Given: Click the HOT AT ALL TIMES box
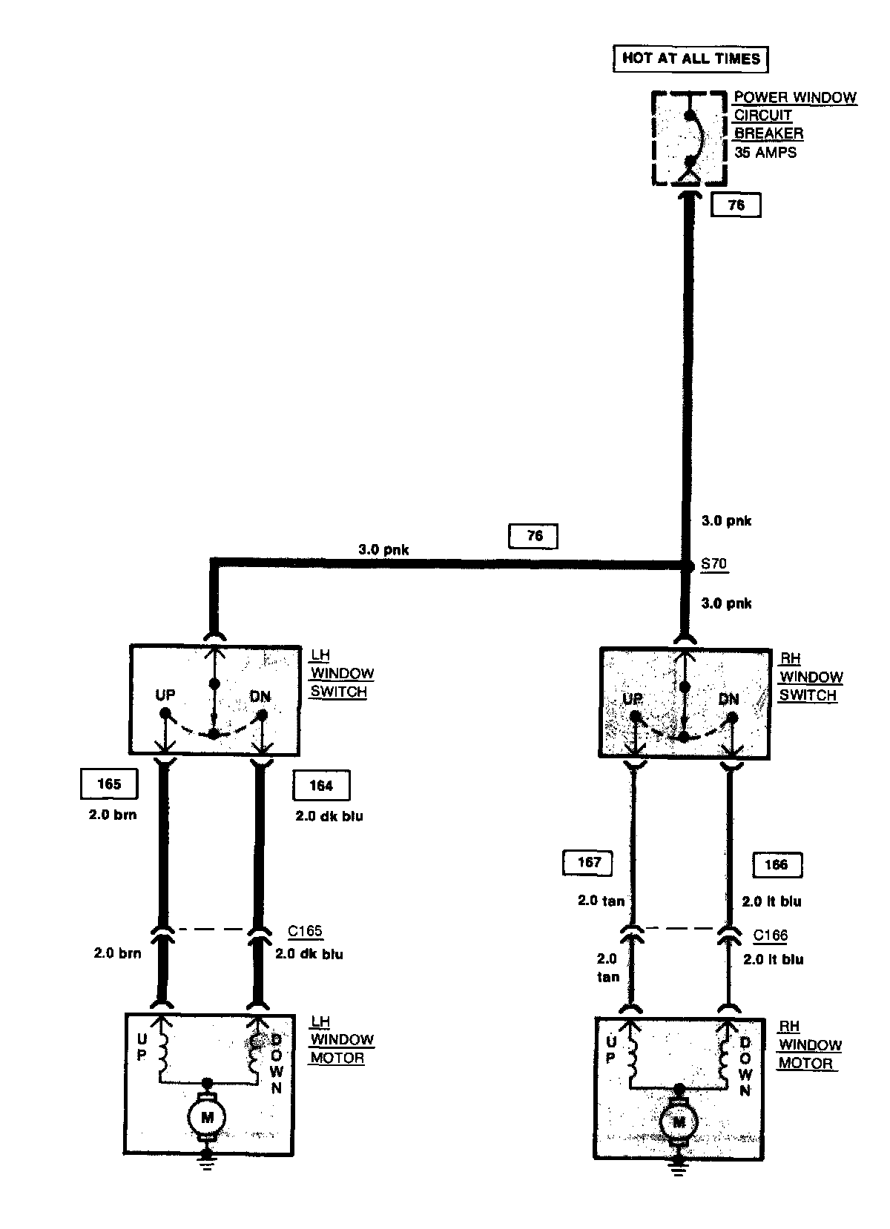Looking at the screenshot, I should [x=690, y=59].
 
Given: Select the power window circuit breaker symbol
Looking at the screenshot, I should [x=689, y=139].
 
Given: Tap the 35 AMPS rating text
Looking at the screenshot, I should [x=766, y=153].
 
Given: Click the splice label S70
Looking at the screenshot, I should [x=713, y=564].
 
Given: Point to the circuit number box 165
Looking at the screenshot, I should [x=109, y=784].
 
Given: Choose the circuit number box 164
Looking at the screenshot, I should [x=321, y=786].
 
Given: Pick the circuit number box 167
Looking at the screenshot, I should [x=589, y=863].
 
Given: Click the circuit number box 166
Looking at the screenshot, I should [x=777, y=864].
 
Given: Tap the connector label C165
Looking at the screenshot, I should [x=305, y=932].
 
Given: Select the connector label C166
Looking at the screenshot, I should [x=771, y=935].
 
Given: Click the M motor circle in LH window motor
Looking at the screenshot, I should [x=207, y=1116].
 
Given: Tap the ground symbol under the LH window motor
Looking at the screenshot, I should [x=207, y=1164].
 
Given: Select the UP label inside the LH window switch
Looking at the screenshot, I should [x=165, y=695].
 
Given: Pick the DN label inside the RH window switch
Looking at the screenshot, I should [x=728, y=699].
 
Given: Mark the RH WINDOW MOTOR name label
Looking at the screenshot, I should [x=809, y=1045].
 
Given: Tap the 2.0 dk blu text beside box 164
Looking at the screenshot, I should [x=329, y=817].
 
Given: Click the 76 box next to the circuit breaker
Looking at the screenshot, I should [x=736, y=205].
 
